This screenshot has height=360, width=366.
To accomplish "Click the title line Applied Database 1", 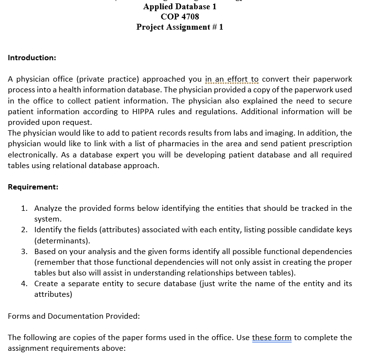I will (180, 6).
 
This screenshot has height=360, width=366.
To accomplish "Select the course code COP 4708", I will (180, 17).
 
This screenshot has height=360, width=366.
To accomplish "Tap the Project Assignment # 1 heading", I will (180, 27).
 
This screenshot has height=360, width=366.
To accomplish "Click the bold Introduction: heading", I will (32, 57).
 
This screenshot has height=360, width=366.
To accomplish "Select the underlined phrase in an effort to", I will (232, 79).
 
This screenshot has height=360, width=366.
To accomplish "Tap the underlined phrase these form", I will (272, 337).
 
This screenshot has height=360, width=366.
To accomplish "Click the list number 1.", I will (24, 208).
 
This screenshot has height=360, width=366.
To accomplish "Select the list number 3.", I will (24, 251).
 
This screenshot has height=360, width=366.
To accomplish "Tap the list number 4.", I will (24, 284).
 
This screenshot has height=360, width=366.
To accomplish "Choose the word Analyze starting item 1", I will (48, 208).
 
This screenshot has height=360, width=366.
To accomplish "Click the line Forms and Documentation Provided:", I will (74, 316).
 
